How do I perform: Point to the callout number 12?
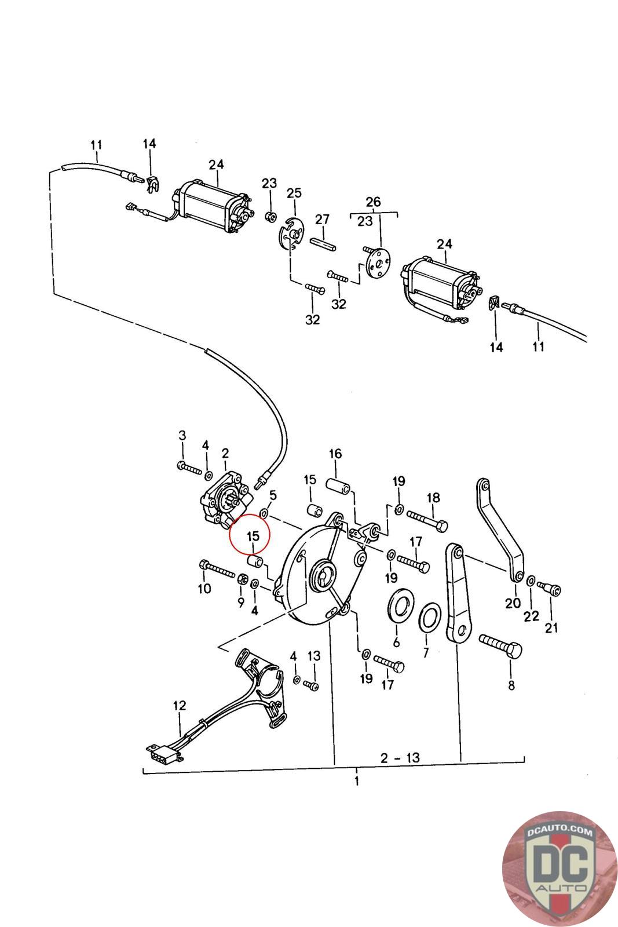pyautogui.click(x=180, y=706)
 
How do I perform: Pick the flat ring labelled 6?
pyautogui.click(x=398, y=605)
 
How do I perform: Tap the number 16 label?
pyautogui.click(x=335, y=453)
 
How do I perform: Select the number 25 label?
pyautogui.click(x=294, y=192)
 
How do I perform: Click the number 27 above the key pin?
pyautogui.click(x=322, y=220)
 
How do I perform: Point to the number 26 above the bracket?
pyautogui.click(x=374, y=202)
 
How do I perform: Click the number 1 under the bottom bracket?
pyautogui.click(x=357, y=781)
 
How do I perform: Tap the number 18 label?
pyautogui.click(x=433, y=497)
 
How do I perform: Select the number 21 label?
pyautogui.click(x=551, y=627)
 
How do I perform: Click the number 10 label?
pyautogui.click(x=204, y=589)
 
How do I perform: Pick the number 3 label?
pyautogui.click(x=182, y=435)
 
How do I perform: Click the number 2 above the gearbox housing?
pyautogui.click(x=225, y=452)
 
